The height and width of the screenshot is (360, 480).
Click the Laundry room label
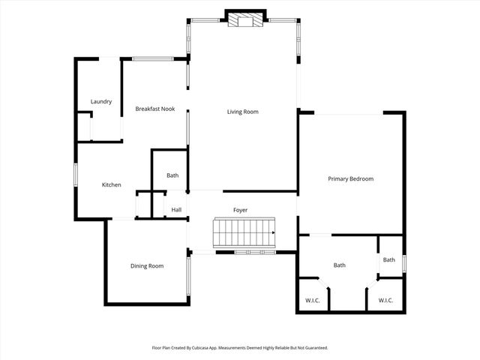(x=101, y=102)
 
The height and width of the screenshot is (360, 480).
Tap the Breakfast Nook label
(x=154, y=109)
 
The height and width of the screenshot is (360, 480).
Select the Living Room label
(x=243, y=112)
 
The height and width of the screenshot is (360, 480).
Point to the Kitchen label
(x=112, y=185)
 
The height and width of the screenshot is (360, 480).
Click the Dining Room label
(x=147, y=265)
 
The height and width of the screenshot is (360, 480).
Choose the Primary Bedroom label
(x=350, y=178)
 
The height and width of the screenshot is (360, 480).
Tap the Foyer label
(x=240, y=210)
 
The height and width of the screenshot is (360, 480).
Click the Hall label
(x=177, y=210)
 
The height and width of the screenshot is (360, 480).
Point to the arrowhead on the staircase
(x=273, y=233)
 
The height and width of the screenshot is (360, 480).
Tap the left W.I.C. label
(x=313, y=301)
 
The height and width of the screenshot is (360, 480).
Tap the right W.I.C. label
(x=385, y=301)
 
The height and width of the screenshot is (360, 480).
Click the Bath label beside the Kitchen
(x=172, y=175)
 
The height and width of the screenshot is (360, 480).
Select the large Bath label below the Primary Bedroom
(x=339, y=265)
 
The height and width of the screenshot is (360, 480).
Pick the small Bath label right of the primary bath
(x=388, y=260)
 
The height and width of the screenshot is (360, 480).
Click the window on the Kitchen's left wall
(x=76, y=175)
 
